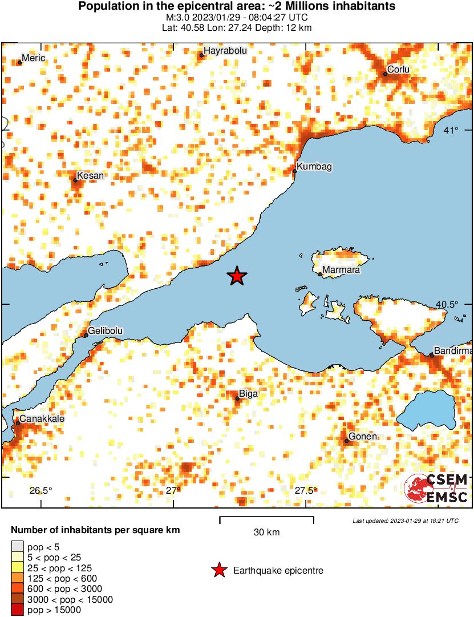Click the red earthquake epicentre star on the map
click(x=237, y=276)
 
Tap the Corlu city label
click(x=398, y=70)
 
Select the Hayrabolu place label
click(x=225, y=51)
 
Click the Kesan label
click(x=91, y=175)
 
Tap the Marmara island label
click(x=341, y=270)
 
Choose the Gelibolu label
click(x=105, y=331)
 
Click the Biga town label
click(x=248, y=394)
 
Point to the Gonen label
click(x=363, y=437)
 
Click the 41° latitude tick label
click(x=451, y=131)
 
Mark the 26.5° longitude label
click(x=40, y=490)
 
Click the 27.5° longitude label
click(x=306, y=490)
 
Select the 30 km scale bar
click(x=266, y=519)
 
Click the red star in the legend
click(x=218, y=570)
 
